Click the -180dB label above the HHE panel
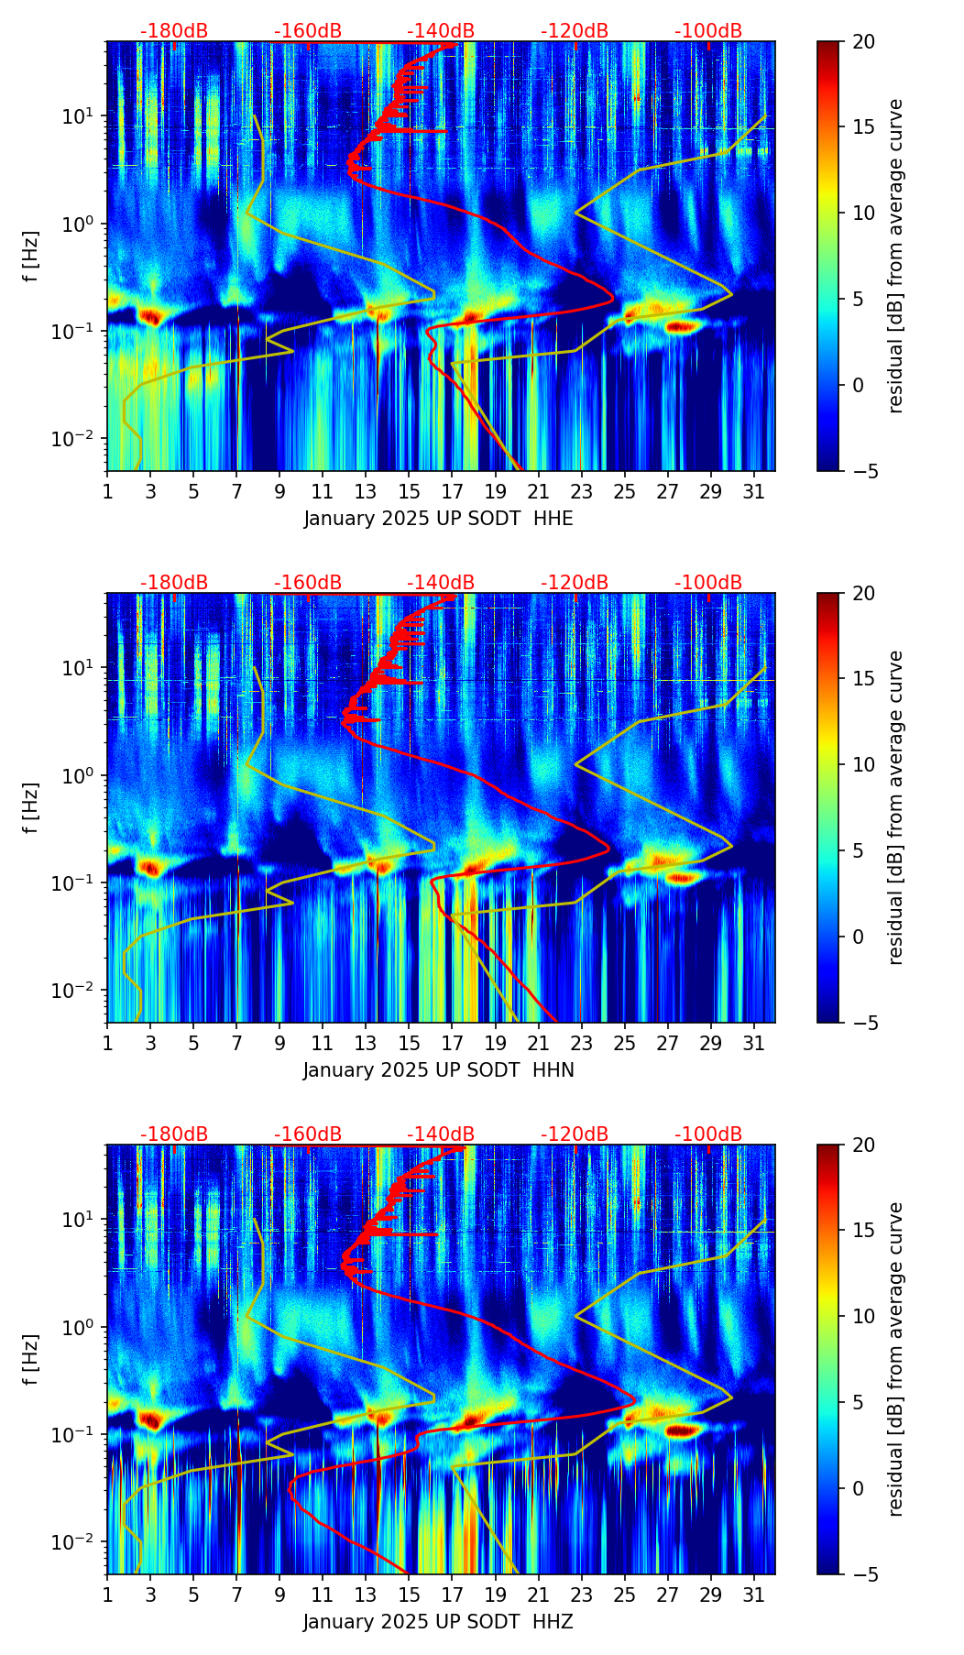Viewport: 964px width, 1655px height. (x=174, y=31)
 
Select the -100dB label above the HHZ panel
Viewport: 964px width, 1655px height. (x=708, y=1134)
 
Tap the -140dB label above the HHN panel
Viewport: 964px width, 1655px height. (x=441, y=583)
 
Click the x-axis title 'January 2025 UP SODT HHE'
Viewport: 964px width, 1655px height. (x=438, y=519)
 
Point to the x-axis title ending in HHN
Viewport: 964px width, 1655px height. (x=438, y=1070)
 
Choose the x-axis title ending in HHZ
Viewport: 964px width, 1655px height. (x=438, y=1622)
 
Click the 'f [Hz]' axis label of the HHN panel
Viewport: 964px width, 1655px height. (x=31, y=807)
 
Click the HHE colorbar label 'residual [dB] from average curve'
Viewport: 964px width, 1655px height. (x=895, y=256)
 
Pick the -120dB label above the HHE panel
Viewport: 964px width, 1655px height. (x=575, y=31)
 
